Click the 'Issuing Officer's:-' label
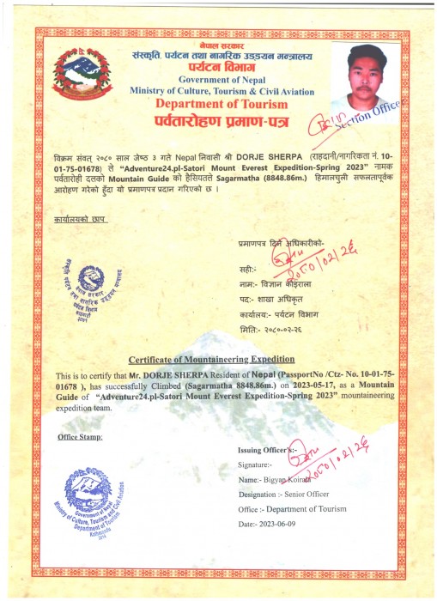(265, 450)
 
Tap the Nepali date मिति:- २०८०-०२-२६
(276, 330)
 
